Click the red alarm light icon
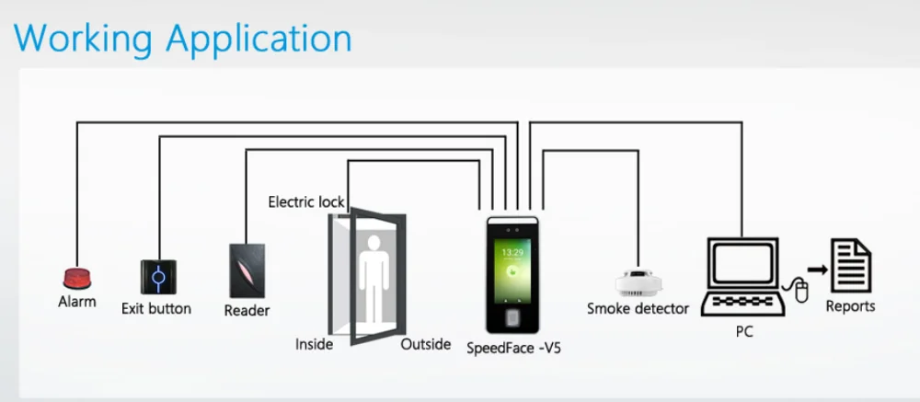[x=76, y=277]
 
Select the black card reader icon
[x=247, y=270]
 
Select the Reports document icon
[x=851, y=266]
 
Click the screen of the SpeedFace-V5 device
[x=512, y=267]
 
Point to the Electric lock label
[x=305, y=201]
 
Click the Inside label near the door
[x=314, y=344]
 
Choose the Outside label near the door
[x=426, y=344]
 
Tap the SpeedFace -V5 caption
[x=513, y=349]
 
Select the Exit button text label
[x=156, y=308]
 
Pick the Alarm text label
[x=76, y=302]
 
